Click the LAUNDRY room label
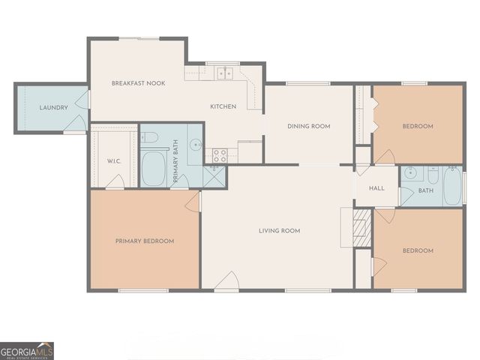tap(53, 108)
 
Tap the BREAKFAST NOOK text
tap(138, 83)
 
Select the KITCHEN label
tap(223, 106)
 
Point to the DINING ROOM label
tap(309, 126)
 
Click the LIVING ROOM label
tap(280, 231)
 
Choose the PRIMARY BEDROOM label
tap(145, 241)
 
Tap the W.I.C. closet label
tap(115, 161)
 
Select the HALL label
tap(376, 188)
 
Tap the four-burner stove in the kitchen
tap(220, 155)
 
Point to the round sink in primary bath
tap(196, 145)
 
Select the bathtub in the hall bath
tap(452, 187)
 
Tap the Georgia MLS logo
tap(27, 350)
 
